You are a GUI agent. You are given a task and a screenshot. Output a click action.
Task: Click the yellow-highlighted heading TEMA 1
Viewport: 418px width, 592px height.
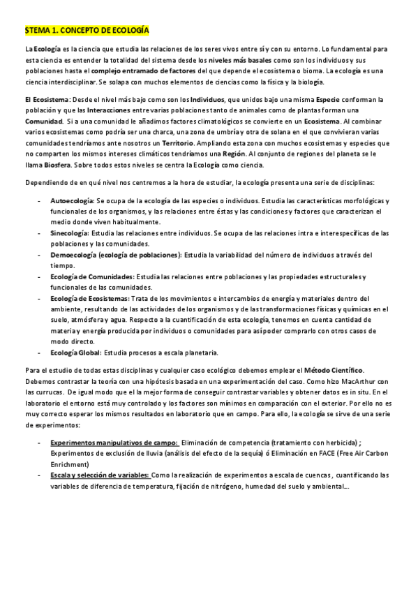point(87,31)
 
